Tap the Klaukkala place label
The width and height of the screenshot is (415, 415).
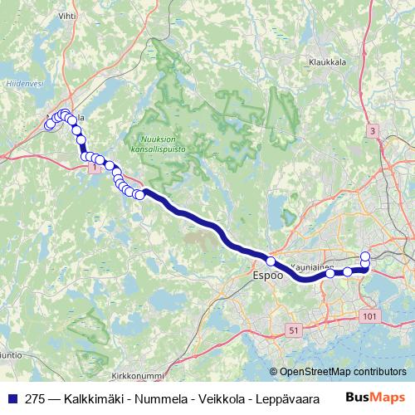tap(325, 61)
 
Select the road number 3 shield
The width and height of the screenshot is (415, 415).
tap(373, 131)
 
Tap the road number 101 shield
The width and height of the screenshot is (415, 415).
tap(369, 316)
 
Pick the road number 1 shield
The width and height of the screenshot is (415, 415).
tap(95, 168)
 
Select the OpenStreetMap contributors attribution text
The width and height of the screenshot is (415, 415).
tap(342, 371)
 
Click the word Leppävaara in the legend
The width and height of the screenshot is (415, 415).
tap(290, 398)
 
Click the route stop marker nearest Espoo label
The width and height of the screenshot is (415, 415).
tap(271, 261)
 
